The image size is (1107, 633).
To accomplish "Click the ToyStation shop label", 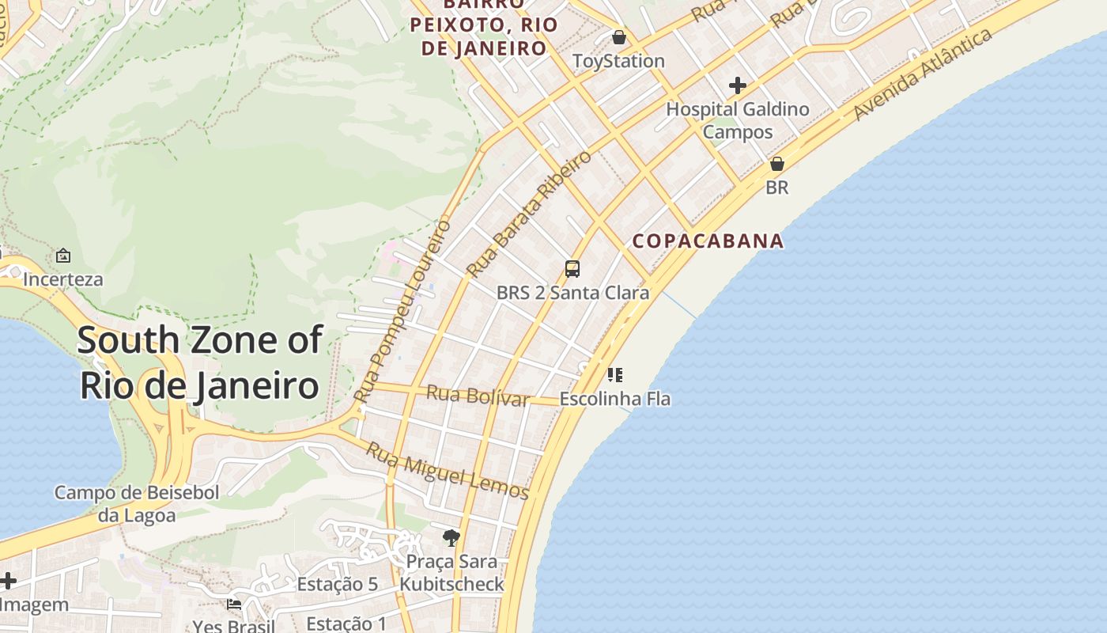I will (x=618, y=61).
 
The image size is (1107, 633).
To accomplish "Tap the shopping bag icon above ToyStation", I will (x=619, y=37).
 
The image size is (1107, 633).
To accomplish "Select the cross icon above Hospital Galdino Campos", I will (x=738, y=85).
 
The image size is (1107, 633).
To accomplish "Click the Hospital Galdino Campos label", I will (x=738, y=120).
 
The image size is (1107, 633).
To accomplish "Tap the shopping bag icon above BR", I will (x=777, y=164).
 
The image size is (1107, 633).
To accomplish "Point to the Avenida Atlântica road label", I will (x=923, y=75).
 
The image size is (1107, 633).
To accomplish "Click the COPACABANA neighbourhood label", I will (x=708, y=241).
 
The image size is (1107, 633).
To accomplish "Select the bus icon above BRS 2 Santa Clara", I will (x=572, y=269).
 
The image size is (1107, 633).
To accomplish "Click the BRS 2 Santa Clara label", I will (x=572, y=293).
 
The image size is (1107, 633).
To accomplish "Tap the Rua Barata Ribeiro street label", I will (x=528, y=214).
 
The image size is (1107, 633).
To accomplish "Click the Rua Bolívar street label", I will (x=478, y=396).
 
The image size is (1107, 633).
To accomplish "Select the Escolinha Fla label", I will (x=614, y=399).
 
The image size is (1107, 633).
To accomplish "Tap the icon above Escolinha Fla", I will (x=615, y=375).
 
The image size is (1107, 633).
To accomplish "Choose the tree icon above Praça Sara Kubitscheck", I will (x=451, y=539).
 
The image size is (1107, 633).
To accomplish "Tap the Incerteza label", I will (x=63, y=280).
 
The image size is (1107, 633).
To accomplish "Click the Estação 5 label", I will (x=338, y=585).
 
